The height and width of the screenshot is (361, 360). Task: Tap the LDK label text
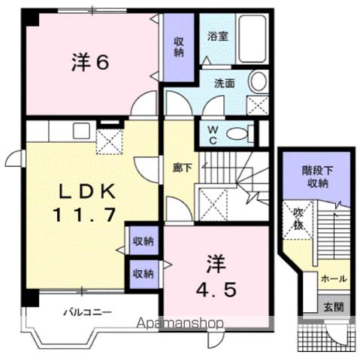coord(83,190)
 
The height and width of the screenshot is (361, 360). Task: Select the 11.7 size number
coord(83,214)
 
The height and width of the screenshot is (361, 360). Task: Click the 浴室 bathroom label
coord(218,34)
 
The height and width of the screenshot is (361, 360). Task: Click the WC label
coord(213,135)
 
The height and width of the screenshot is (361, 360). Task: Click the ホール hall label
coord(333,278)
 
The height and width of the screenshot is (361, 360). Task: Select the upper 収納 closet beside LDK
coord(143,241)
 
